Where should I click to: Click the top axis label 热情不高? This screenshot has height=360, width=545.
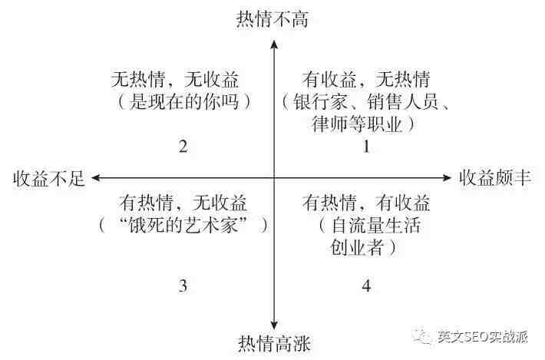click(272, 18)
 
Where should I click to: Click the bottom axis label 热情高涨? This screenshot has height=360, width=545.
click(274, 343)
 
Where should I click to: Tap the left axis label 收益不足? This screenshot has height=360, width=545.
click(49, 179)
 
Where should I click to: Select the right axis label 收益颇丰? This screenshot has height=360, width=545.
click(495, 178)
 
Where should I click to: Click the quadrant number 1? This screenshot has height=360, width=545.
click(366, 147)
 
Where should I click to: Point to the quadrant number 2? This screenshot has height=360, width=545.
click(183, 147)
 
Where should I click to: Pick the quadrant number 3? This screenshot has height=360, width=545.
click(183, 286)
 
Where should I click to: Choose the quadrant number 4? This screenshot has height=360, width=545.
click(366, 286)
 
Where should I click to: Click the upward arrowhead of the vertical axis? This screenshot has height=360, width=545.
click(274, 45)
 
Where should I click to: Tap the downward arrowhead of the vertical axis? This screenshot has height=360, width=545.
click(274, 325)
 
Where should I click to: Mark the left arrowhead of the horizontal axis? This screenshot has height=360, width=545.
click(96, 178)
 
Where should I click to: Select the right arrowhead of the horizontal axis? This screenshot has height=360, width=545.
click(446, 178)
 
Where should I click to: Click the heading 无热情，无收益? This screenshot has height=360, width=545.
click(175, 80)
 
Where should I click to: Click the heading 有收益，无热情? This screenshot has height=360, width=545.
click(365, 80)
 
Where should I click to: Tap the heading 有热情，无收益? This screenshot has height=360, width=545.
click(183, 203)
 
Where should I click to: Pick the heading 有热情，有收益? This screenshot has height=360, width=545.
click(365, 203)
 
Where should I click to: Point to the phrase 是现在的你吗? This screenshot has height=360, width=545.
click(184, 102)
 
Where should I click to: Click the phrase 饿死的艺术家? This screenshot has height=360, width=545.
click(183, 225)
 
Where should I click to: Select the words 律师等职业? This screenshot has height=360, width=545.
click(357, 124)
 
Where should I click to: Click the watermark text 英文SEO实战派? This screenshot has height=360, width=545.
click(482, 336)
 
